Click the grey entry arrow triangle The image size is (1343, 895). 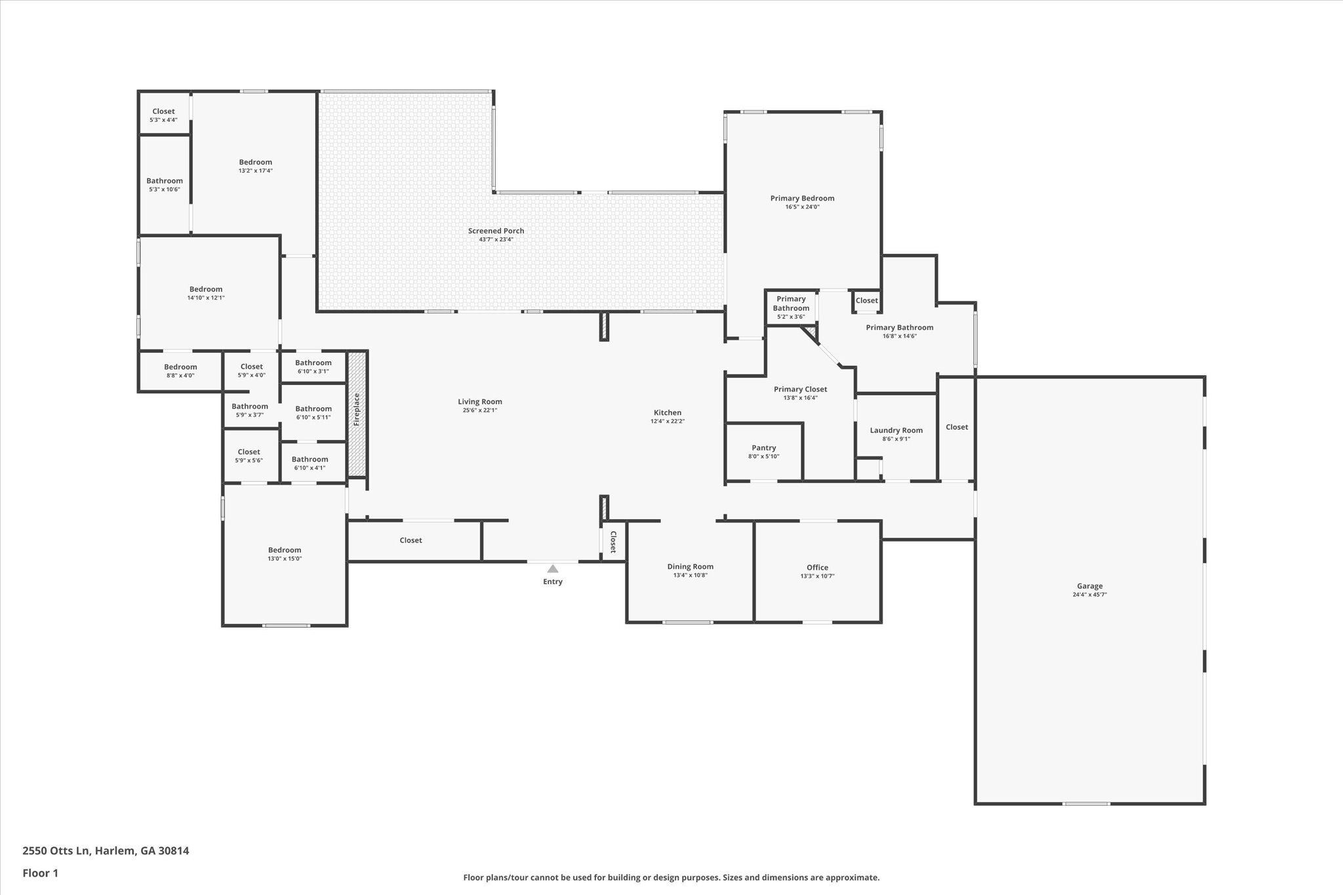[553, 568]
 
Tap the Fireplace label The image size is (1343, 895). [357, 409]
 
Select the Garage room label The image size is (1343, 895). [1090, 586]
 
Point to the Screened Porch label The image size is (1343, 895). [496, 231]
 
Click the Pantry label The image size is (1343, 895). [764, 448]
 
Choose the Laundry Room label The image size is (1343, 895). [896, 430]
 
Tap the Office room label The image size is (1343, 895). [818, 567]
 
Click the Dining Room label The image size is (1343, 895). [691, 567]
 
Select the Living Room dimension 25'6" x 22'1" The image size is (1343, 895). [480, 410]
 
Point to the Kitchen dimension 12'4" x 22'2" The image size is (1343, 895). [668, 422]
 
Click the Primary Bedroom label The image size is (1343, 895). [803, 198]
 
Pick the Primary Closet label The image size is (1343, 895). [801, 389]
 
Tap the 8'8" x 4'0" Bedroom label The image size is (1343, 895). [180, 367]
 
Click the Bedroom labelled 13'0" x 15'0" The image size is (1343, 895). [285, 550]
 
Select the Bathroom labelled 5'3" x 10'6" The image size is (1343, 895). [165, 181]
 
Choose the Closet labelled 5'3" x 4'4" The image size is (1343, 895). [164, 111]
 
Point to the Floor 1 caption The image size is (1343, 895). [41, 873]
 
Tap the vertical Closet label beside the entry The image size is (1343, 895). [613, 542]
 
